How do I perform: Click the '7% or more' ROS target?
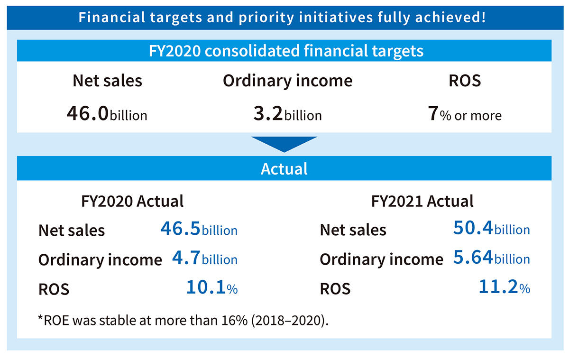click(464, 114)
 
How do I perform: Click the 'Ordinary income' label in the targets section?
click(287, 81)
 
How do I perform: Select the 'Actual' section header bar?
click(284, 168)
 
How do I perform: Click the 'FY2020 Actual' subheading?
click(133, 201)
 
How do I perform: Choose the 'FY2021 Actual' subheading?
click(422, 201)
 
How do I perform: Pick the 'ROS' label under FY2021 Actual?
click(335, 288)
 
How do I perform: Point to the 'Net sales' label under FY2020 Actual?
click(72, 231)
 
